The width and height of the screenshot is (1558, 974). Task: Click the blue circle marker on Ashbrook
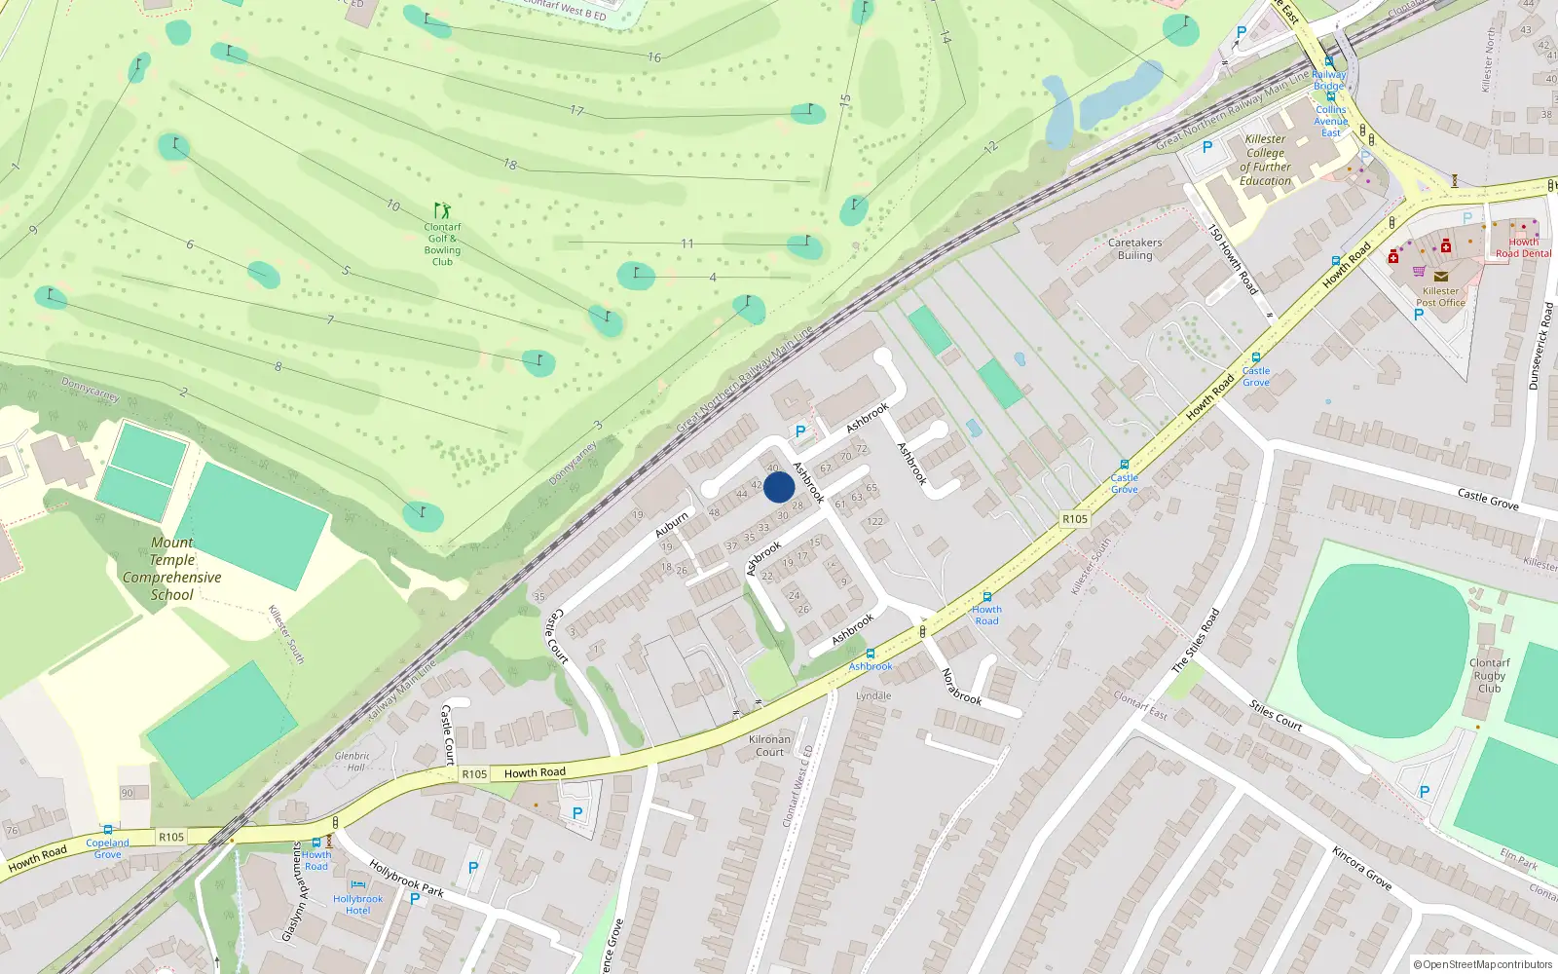779,487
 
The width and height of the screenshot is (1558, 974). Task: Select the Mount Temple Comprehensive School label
172,569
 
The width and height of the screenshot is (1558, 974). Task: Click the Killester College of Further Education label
1265,160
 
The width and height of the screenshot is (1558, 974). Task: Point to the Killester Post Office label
1440,296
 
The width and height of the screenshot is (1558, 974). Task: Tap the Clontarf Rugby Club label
1489,675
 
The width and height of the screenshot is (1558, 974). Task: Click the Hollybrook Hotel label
357,904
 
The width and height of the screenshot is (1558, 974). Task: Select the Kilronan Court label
769,745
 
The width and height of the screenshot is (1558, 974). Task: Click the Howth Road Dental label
1523,247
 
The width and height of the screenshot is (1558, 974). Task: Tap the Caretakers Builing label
1134,248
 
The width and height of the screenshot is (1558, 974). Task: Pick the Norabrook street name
960,686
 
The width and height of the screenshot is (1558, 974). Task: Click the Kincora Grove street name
1361,868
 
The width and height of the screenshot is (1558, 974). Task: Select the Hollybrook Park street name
406,879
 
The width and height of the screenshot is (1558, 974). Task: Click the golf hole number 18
509,165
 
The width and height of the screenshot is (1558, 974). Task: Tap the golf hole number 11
687,243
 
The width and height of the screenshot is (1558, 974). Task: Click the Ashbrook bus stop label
870,666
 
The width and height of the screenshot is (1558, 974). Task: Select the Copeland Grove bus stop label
107,848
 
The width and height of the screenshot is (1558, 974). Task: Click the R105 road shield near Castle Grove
1075,519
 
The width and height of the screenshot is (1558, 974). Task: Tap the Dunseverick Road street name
1539,346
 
